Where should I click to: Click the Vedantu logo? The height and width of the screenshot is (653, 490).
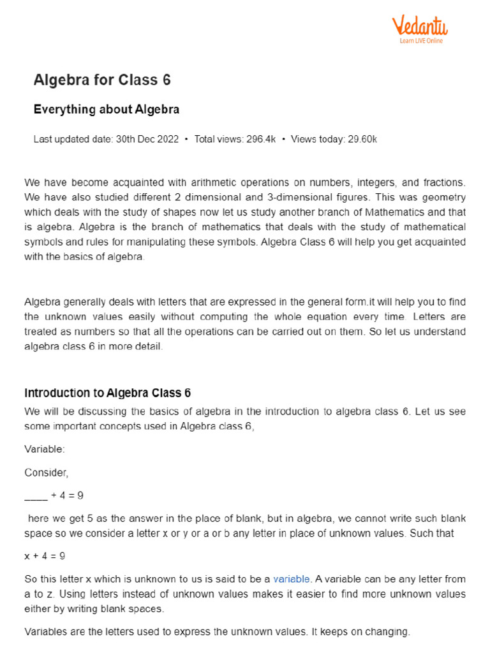tap(419, 26)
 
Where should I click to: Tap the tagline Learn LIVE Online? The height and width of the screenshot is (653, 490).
tap(421, 41)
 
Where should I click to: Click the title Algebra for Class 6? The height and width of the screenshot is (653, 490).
tap(101, 80)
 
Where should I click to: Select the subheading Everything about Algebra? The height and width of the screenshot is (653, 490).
tap(106, 110)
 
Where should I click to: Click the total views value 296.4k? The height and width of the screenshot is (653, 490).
tap(261, 140)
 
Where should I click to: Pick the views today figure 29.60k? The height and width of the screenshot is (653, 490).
tap(361, 140)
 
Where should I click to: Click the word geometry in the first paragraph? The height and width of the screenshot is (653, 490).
tap(443, 196)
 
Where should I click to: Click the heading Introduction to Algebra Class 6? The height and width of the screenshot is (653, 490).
tap(107, 393)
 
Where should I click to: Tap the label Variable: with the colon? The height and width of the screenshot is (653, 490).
tap(45, 450)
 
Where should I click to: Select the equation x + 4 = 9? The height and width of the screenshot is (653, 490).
tap(45, 556)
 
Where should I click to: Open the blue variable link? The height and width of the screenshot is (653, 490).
tap(292, 579)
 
